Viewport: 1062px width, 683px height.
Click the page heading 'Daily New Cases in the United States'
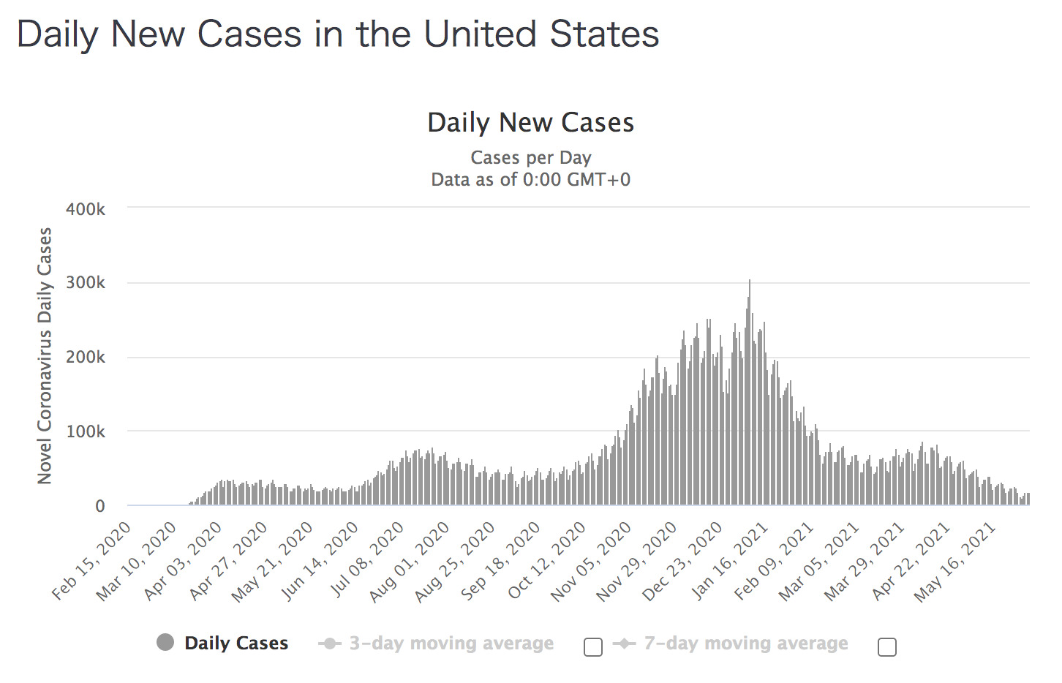pyautogui.click(x=338, y=34)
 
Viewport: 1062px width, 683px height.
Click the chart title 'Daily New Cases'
pyautogui.click(x=530, y=123)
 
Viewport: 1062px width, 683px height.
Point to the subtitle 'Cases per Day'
pyautogui.click(x=530, y=158)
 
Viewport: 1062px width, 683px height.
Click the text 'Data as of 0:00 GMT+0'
pyautogui.click(x=530, y=180)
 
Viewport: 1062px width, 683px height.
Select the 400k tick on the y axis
pyautogui.click(x=86, y=210)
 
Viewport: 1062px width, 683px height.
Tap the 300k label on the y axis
pyautogui.click(x=86, y=283)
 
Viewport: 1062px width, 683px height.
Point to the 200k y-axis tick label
pyautogui.click(x=86, y=358)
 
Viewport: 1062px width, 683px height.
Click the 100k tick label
pyautogui.click(x=86, y=432)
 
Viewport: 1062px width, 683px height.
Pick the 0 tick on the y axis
pyautogui.click(x=100, y=506)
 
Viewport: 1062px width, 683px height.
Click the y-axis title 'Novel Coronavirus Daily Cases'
pyautogui.click(x=45, y=355)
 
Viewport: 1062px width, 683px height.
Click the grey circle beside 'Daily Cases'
pyautogui.click(x=165, y=643)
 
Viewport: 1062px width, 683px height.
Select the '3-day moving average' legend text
pyautogui.click(x=451, y=644)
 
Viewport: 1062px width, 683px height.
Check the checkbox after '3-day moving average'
pyautogui.click(x=593, y=647)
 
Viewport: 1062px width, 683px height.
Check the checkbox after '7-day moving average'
pyautogui.click(x=887, y=647)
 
